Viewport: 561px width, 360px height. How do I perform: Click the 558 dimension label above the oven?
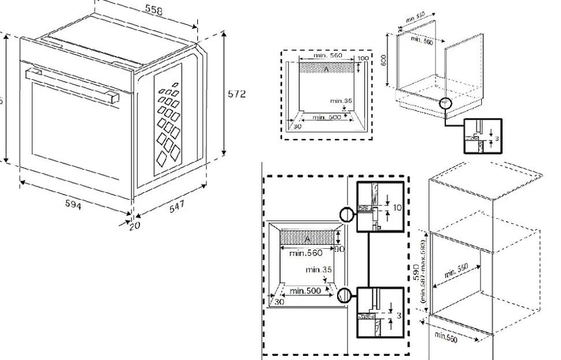153,12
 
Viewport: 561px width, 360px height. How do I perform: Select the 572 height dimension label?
235,94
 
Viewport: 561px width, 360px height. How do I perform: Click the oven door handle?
72,83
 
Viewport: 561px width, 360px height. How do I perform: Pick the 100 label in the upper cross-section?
362,59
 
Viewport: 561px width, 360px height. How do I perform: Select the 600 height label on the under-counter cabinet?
383,60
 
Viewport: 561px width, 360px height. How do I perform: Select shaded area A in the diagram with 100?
327,69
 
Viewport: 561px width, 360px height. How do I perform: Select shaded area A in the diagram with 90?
307,238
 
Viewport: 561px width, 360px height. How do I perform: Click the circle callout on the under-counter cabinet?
446,104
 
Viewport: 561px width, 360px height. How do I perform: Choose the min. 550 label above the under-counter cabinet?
415,17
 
